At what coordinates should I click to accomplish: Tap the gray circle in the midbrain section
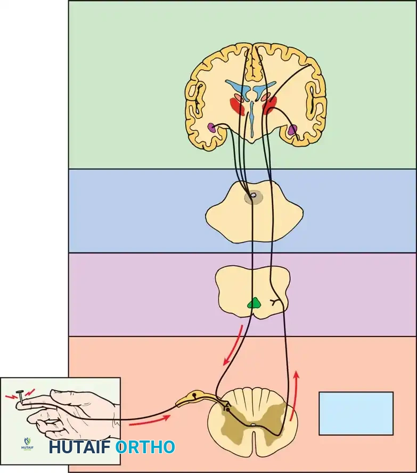[x=254, y=197]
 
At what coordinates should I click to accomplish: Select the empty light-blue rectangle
[x=356, y=413]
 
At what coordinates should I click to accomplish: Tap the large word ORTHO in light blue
[x=145, y=447]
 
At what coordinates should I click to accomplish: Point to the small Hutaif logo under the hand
[x=27, y=442]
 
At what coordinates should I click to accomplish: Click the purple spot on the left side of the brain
[x=212, y=127]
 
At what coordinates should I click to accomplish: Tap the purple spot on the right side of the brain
[x=292, y=129]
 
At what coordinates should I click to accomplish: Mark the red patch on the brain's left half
[x=237, y=106]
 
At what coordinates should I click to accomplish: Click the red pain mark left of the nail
[x=10, y=397]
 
